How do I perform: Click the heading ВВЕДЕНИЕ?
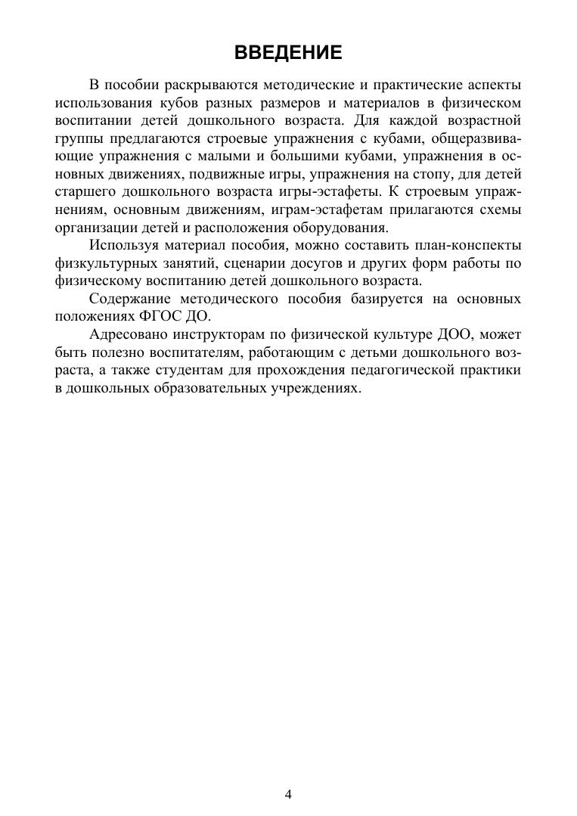[288, 52]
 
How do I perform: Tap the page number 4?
[288, 793]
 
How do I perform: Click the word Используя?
[120, 245]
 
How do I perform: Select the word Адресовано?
[126, 334]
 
